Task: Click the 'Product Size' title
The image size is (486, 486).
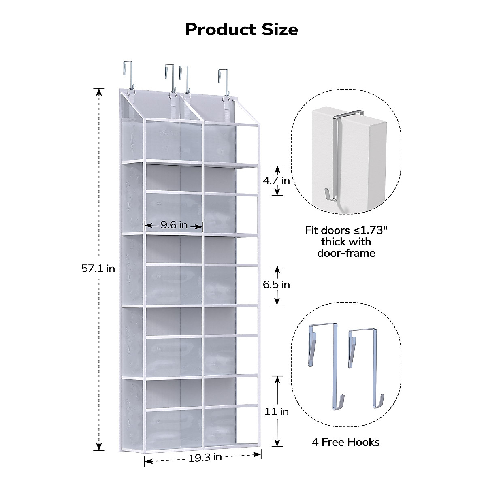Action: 241,30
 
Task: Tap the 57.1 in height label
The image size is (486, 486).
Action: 98,268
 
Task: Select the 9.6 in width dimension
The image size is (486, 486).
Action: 174,225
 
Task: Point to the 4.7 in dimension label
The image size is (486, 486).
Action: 276,180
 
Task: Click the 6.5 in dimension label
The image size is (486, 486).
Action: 276,285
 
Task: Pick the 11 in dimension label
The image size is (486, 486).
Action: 277,411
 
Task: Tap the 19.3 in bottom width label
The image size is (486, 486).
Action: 205,457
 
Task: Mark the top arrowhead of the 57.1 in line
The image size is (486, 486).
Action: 99,92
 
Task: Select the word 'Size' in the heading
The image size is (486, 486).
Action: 279,30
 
